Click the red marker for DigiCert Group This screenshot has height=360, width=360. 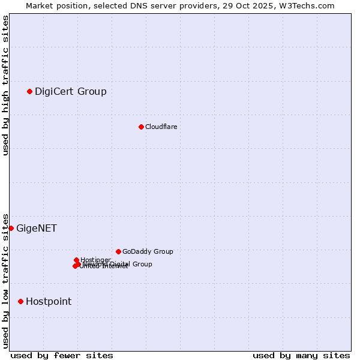click(x=29, y=91)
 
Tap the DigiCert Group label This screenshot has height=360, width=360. click(x=71, y=92)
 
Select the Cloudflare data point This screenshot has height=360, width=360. click(x=141, y=127)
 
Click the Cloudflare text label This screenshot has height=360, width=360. click(x=161, y=127)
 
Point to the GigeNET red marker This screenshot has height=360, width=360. click(x=11, y=228)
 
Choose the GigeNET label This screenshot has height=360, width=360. click(x=37, y=229)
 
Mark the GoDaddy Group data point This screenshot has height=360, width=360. click(x=118, y=251)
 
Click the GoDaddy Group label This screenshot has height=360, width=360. click(x=148, y=252)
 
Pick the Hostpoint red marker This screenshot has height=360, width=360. click(x=20, y=301)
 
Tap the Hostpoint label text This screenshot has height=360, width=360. click(x=49, y=302)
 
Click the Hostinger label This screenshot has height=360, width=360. click(x=95, y=260)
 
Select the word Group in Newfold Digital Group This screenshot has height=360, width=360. click(x=142, y=264)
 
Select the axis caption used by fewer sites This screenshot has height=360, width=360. click(x=62, y=355)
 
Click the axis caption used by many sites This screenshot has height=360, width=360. click(x=301, y=355)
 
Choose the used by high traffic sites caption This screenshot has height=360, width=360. click(x=5, y=85)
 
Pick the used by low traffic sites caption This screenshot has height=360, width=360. click(x=5, y=281)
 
